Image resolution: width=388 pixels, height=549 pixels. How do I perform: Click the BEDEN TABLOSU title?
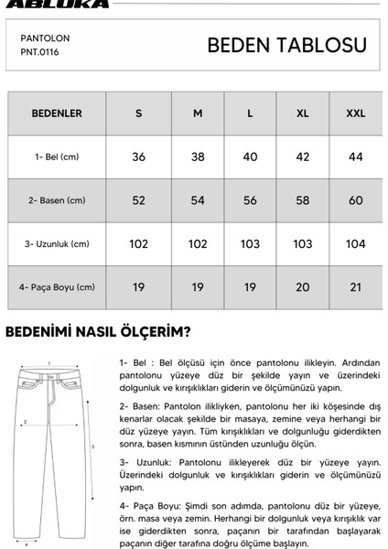tap(286, 46)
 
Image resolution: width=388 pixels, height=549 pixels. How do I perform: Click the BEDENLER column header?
tap(57, 113)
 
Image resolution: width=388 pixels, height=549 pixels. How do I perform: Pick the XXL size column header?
tap(355, 113)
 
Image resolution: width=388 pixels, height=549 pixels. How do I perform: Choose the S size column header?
tap(139, 113)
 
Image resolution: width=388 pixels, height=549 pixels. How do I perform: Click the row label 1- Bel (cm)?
tap(58, 156)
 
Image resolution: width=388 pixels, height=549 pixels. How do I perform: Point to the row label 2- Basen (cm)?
tap(57, 200)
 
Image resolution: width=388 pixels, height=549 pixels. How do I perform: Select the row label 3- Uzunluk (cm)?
tap(57, 244)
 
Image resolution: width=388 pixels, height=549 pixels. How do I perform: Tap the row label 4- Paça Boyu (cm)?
tap(57, 287)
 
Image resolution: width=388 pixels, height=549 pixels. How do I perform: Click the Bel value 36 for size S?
tap(139, 156)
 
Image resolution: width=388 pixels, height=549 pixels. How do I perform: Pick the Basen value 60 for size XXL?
tap(355, 200)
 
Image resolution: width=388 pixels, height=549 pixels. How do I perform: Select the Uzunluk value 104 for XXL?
tap(355, 244)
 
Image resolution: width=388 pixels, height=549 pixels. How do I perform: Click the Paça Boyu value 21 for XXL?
tap(355, 287)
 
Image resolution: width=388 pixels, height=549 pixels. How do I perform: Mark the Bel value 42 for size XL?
tap(303, 156)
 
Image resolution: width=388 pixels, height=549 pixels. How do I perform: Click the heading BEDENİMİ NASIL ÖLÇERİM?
tap(98, 331)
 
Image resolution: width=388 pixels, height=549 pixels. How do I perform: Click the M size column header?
tap(197, 113)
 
